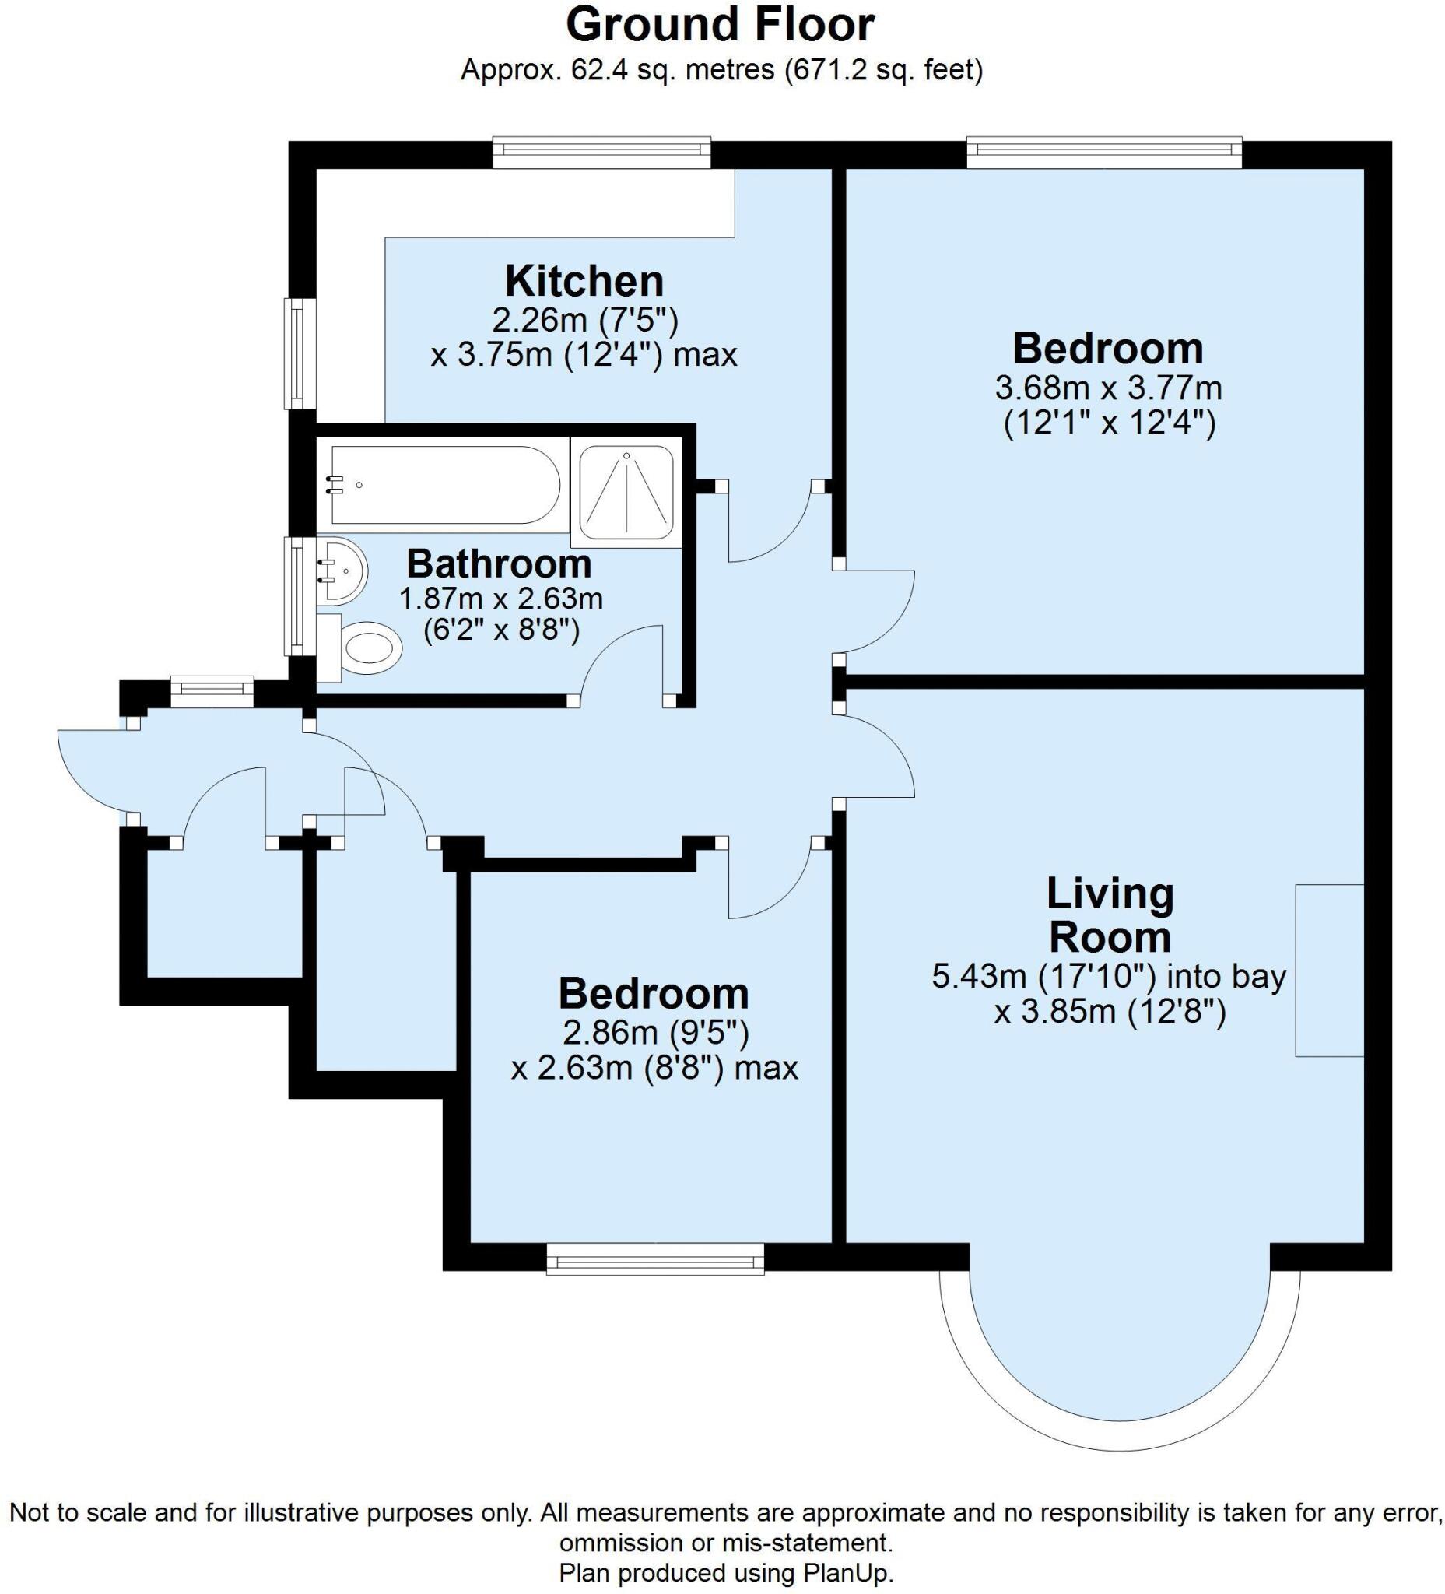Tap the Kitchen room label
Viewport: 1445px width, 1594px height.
pyautogui.click(x=584, y=281)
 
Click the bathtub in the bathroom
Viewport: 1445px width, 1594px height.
pyautogui.click(x=446, y=485)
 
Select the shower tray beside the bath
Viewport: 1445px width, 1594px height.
pyautogui.click(x=626, y=492)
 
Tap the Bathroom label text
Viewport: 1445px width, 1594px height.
pyautogui.click(x=499, y=564)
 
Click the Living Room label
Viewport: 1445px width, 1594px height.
pyautogui.click(x=1110, y=915)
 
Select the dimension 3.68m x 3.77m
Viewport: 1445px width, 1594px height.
pyautogui.click(x=1108, y=388)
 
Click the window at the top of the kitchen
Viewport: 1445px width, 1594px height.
pyautogui.click(x=601, y=153)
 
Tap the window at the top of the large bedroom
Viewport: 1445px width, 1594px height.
pyautogui.click(x=1104, y=153)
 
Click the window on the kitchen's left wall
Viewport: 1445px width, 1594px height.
pyautogui.click(x=300, y=353)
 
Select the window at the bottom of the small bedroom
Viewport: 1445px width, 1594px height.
pyautogui.click(x=655, y=1259)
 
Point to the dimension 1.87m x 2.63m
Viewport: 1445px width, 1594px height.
pyautogui.click(x=500, y=599)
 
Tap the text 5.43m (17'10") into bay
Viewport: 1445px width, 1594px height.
pyautogui.click(x=1109, y=978)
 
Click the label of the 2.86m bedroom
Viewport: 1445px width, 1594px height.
pyautogui.click(x=654, y=994)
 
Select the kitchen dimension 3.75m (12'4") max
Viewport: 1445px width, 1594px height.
pyautogui.click(x=584, y=355)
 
